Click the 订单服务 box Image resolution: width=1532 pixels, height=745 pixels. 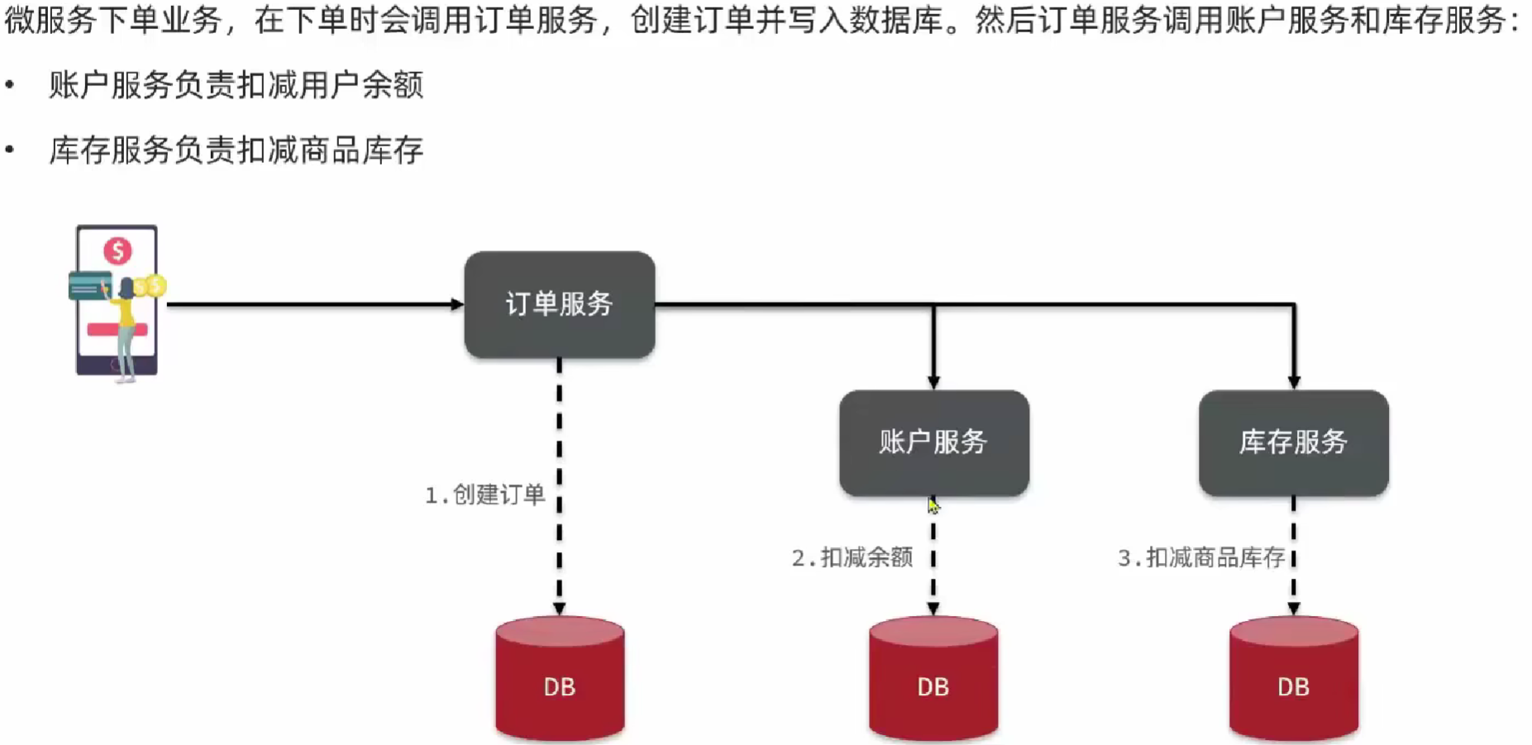[560, 304]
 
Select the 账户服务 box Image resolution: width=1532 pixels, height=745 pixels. [933, 442]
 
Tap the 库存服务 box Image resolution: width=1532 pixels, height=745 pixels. [1293, 442]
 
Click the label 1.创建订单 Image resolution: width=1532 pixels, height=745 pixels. [485, 495]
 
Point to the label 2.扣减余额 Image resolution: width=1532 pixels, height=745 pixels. [852, 558]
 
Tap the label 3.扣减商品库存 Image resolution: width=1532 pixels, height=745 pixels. [1201, 558]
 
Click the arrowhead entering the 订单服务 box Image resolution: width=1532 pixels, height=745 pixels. [457, 304]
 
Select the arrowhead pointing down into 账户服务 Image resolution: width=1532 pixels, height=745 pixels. [933, 382]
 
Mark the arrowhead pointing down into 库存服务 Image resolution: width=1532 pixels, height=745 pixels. [1294, 382]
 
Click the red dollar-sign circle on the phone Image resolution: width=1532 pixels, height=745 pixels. [117, 251]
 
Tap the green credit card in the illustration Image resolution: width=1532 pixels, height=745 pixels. [88, 286]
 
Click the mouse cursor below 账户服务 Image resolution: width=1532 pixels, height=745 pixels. [933, 505]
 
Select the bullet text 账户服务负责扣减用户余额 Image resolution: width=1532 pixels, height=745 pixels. [236, 85]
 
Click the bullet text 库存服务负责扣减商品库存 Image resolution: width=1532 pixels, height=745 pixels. [236, 150]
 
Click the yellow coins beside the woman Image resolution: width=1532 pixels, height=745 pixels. [151, 286]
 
